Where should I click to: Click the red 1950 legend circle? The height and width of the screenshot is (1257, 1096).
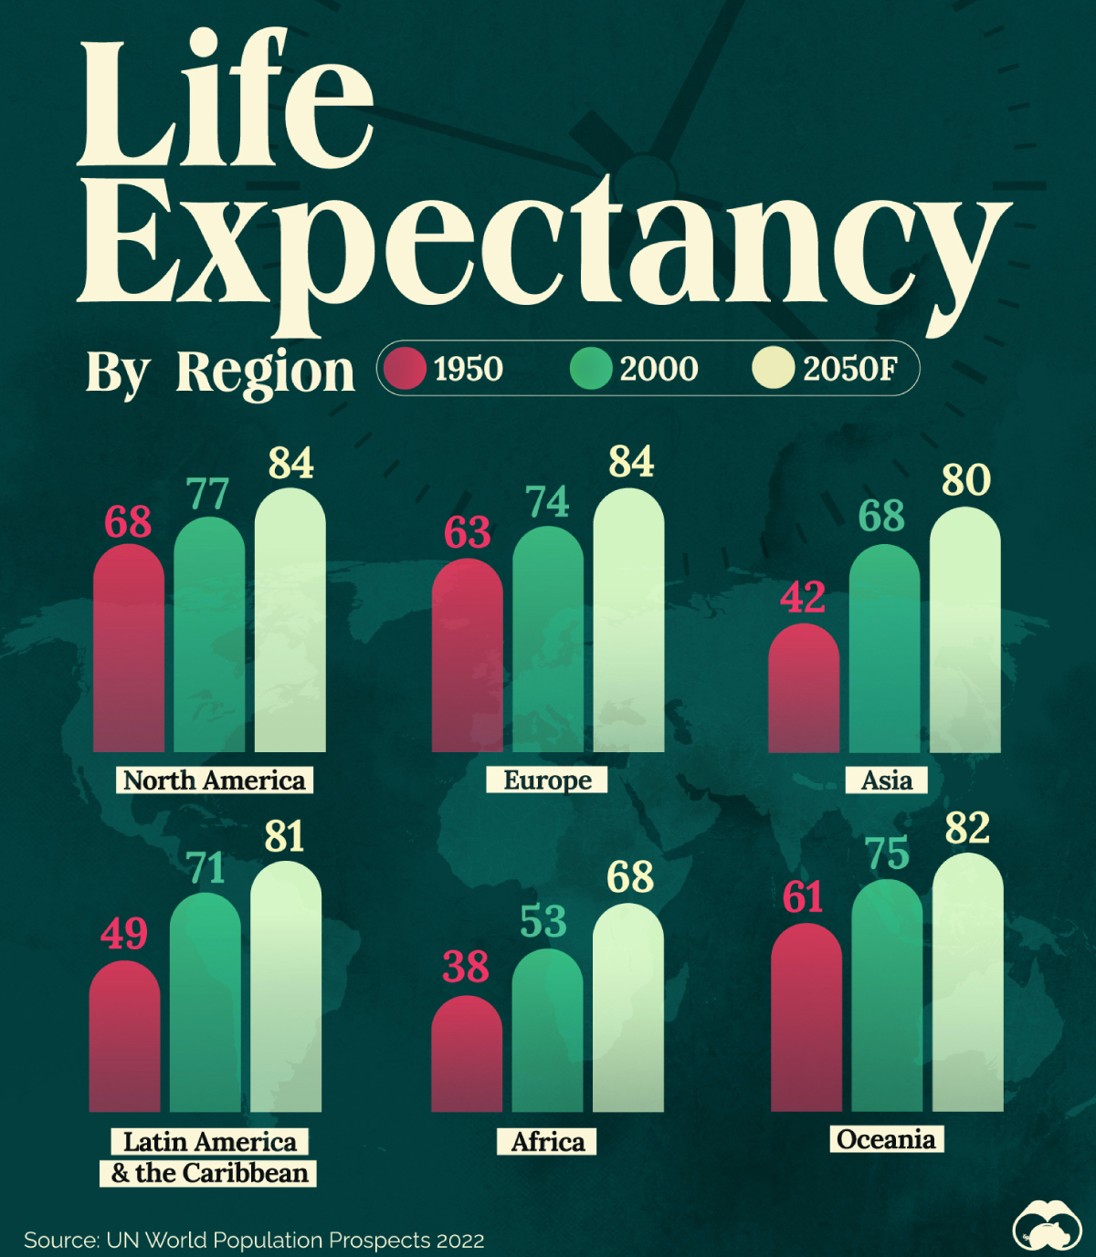click(405, 369)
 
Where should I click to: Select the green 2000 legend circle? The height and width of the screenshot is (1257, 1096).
click(591, 369)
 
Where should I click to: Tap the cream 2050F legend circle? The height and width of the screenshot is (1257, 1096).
click(774, 369)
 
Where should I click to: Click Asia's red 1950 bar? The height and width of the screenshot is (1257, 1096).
click(804, 689)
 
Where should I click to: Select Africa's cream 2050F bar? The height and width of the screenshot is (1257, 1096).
click(628, 1009)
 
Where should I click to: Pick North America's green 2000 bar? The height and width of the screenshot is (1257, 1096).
click(209, 635)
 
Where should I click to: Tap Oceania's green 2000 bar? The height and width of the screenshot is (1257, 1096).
click(887, 996)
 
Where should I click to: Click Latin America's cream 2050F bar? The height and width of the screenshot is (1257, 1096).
click(286, 987)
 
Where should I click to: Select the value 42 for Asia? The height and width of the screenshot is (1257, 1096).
click(803, 598)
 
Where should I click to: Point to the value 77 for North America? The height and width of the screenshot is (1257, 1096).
click(208, 495)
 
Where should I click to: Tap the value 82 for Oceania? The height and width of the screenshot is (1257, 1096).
click(967, 828)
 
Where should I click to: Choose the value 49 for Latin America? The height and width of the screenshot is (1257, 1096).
click(124, 933)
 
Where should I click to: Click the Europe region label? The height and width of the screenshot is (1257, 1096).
click(547, 780)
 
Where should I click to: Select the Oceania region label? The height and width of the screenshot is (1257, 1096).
click(886, 1139)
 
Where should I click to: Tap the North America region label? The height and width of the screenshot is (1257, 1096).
click(215, 780)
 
